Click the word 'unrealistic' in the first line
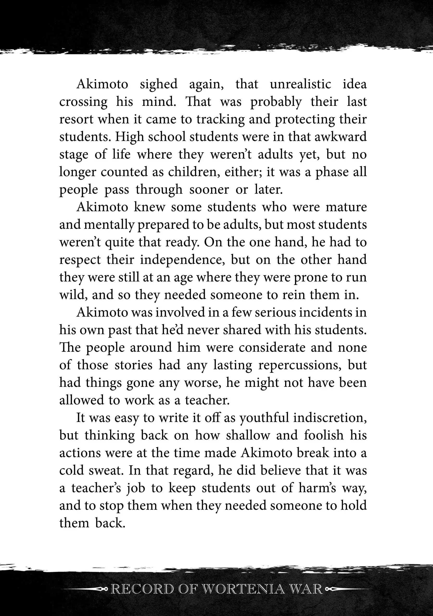[300, 84]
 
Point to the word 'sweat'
[105, 470]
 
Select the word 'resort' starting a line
[76, 119]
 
